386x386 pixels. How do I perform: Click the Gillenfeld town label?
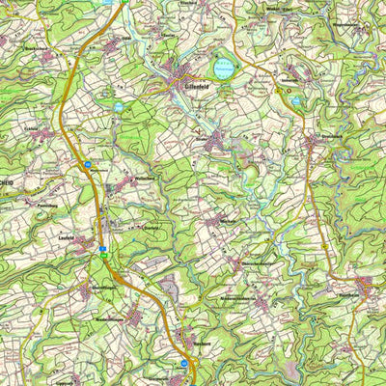(x=194, y=84)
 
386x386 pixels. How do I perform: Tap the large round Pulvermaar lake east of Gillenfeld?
(x=224, y=69)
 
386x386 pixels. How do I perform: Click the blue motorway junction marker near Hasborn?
(x=184, y=364)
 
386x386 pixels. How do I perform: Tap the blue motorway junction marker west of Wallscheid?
(x=89, y=165)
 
